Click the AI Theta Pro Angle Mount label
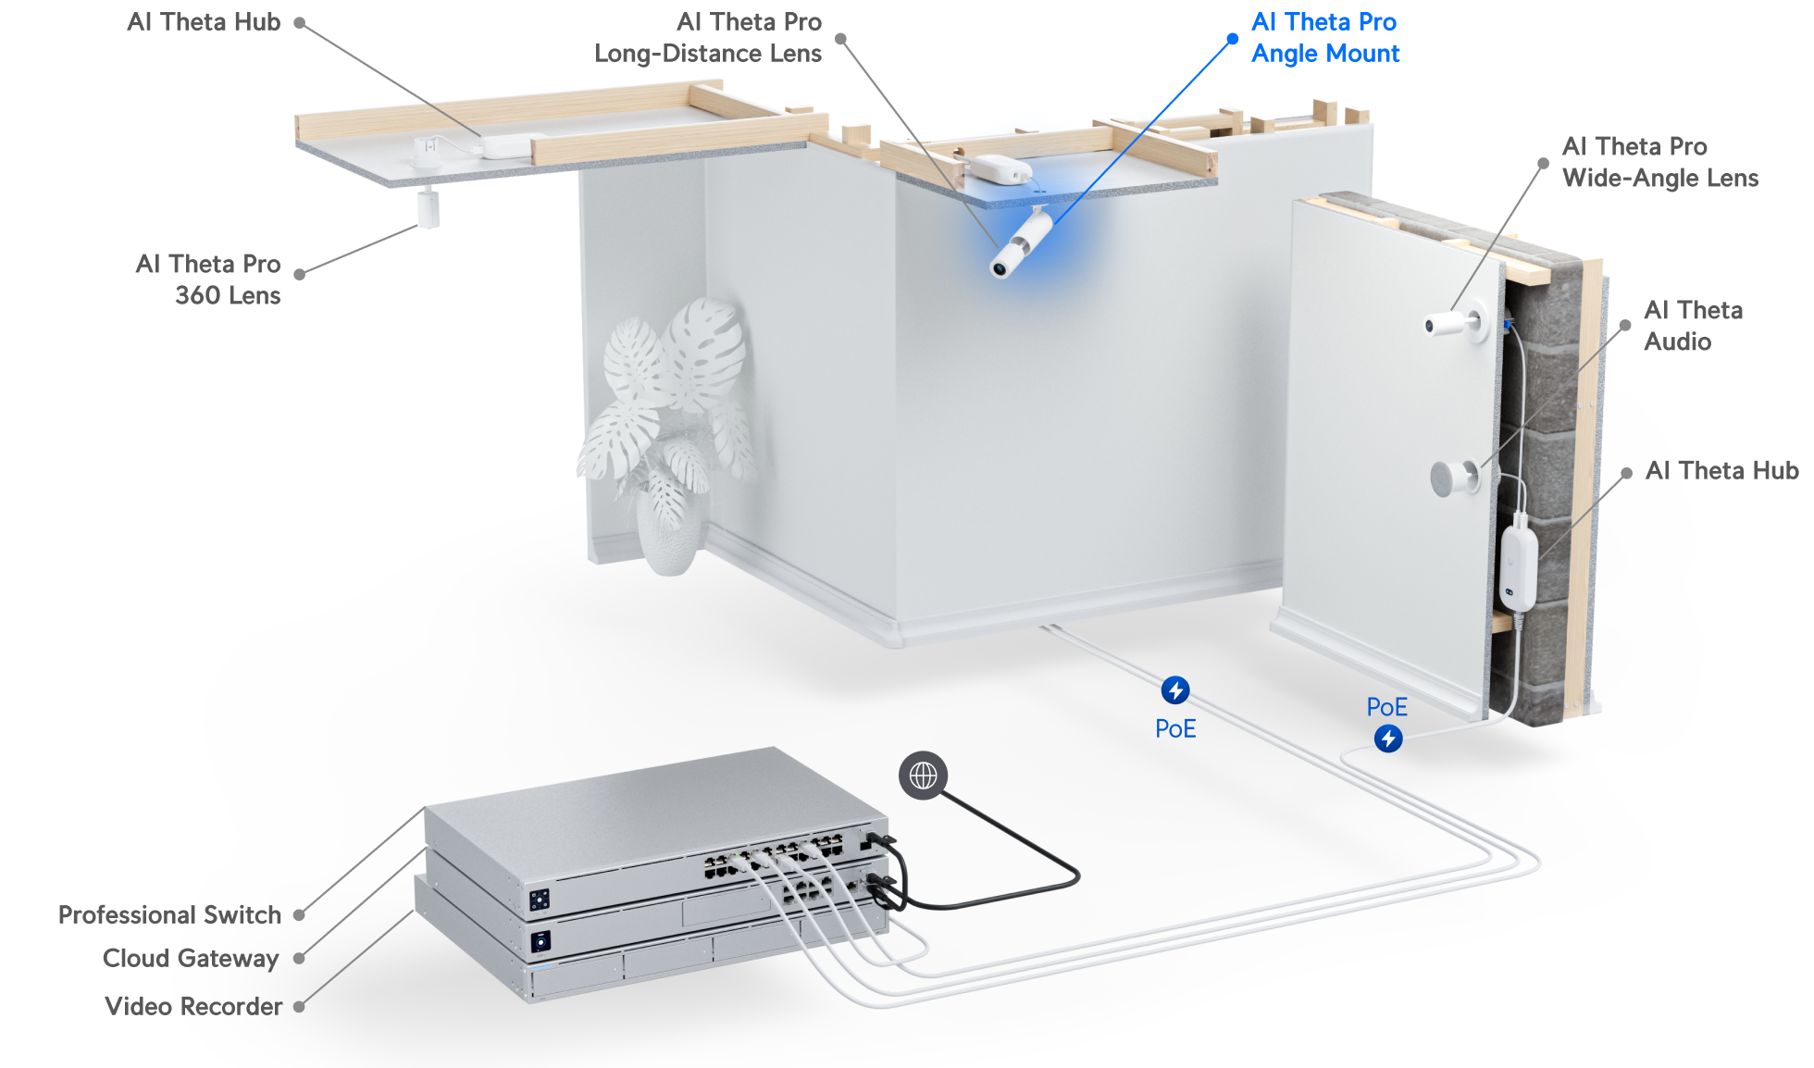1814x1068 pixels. [x=1324, y=38]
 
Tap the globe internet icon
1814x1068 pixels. [x=923, y=776]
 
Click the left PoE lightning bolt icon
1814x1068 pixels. [x=1175, y=690]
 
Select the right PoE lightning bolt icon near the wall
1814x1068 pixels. [x=1387, y=739]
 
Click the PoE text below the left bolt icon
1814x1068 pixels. [x=1175, y=729]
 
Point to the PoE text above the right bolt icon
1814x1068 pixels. [x=1386, y=708]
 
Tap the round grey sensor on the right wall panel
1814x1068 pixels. [x=1453, y=478]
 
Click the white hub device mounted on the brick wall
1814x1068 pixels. [x=1518, y=566]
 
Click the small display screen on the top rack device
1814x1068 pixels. [x=540, y=899]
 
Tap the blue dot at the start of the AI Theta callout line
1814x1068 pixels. [x=1232, y=39]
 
